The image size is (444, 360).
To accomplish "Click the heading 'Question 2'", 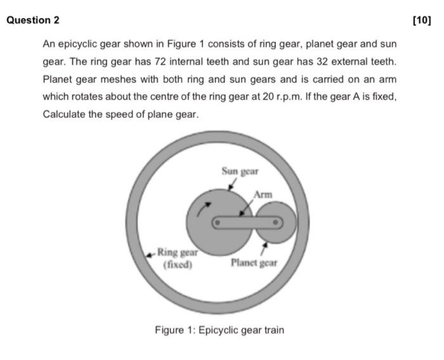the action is (x=33, y=20).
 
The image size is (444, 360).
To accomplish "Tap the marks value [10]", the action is (x=421, y=20).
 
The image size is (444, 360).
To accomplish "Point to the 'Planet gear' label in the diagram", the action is (x=254, y=262).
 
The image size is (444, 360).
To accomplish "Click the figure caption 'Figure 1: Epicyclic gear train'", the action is (x=219, y=330).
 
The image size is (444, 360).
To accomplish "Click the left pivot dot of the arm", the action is (x=216, y=223).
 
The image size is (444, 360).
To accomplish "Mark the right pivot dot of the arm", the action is (x=276, y=223).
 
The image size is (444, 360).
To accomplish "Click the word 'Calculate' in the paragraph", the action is (x=63, y=115).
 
